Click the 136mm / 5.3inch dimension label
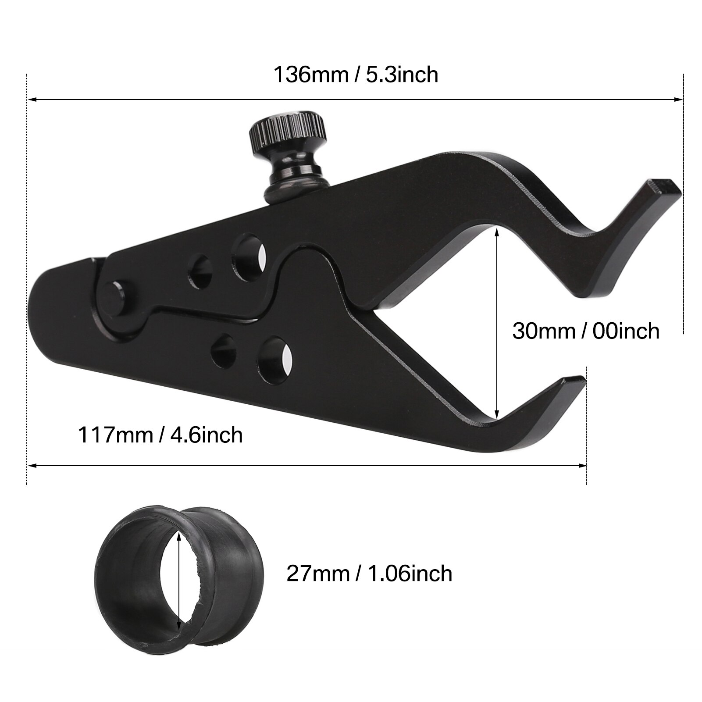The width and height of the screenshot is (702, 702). (356, 74)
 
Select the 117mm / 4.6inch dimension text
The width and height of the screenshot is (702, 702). (160, 435)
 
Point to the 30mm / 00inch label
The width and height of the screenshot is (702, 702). (586, 331)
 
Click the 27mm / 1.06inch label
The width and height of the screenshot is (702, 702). (369, 573)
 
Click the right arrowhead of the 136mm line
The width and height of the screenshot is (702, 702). (680, 100)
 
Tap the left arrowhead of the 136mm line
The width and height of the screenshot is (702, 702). (31, 100)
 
